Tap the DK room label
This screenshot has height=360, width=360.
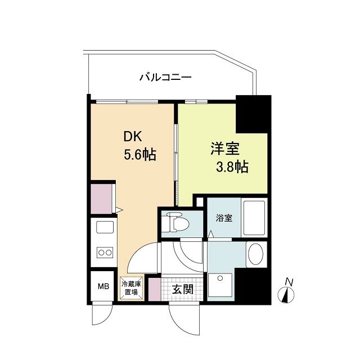pyautogui.click(x=134, y=137)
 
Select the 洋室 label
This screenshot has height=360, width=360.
pyautogui.click(x=224, y=149)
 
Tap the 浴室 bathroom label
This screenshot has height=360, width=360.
pyautogui.click(x=224, y=218)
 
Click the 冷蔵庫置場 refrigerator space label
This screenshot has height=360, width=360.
pyautogui.click(x=131, y=289)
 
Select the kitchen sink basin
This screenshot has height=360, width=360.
pyautogui.click(x=105, y=228)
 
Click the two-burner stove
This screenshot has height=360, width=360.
pyautogui.click(x=105, y=253)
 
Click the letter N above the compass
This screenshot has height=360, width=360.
pyautogui.click(x=289, y=281)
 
